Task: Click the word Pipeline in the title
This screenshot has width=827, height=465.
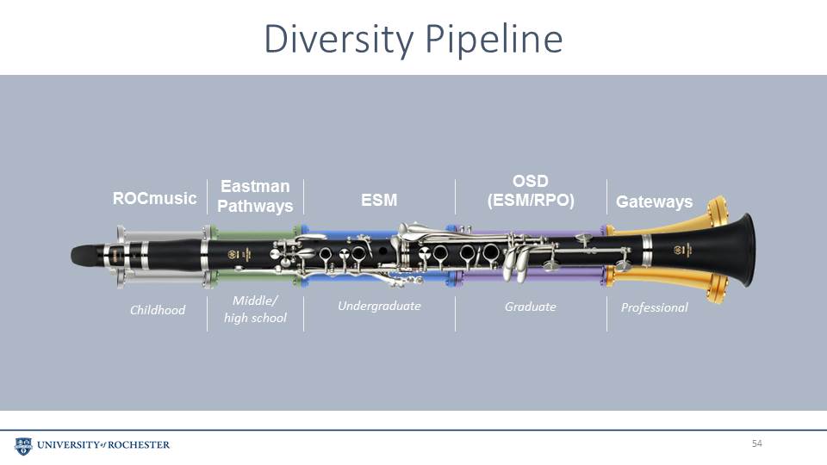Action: pos(494,40)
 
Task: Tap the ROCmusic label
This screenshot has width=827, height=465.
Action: pos(154,198)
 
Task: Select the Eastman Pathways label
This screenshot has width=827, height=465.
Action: pos(255,195)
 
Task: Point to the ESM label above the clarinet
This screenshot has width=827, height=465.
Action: pos(379,201)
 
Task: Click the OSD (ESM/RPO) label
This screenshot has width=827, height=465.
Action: pos(531,190)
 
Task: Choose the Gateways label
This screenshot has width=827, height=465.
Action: pos(654,201)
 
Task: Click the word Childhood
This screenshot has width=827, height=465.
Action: pos(157,310)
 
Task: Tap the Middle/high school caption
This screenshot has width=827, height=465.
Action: pos(255,309)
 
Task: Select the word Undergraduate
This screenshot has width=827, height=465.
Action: pos(379,306)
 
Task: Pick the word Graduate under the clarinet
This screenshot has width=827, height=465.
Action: pos(530,307)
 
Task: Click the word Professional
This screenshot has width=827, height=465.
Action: pos(654,307)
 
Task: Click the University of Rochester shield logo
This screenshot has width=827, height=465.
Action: pos(23,446)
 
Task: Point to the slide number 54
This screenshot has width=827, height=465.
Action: pos(757,443)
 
